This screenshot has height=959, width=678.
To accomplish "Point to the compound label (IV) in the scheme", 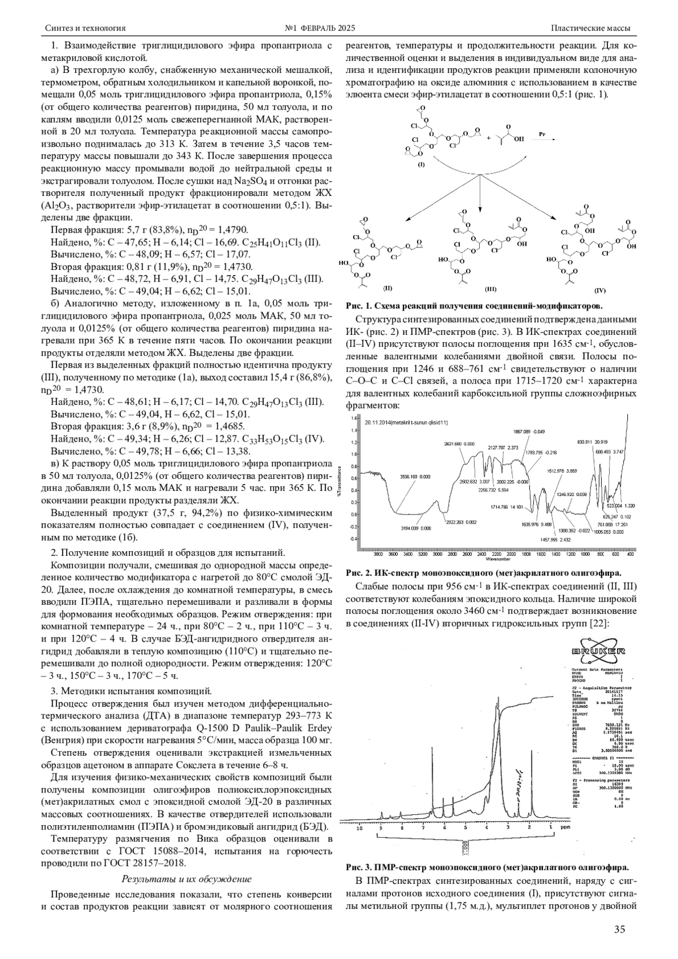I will tap(599, 290).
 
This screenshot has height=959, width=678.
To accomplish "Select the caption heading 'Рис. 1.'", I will tap(358, 306).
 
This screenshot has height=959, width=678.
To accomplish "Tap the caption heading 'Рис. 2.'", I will tap(358, 572).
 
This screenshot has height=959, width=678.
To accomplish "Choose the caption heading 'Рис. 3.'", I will tap(358, 867).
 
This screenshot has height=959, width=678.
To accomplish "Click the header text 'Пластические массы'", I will tap(590, 28).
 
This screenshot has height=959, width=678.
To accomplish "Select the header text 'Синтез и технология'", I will tap(85, 28).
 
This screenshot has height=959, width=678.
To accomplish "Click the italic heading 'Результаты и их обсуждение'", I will tap(186, 879).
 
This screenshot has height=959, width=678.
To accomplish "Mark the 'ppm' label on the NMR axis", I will tap(566, 826).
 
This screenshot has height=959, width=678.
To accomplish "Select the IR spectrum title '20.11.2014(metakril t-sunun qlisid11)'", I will tap(406, 422).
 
